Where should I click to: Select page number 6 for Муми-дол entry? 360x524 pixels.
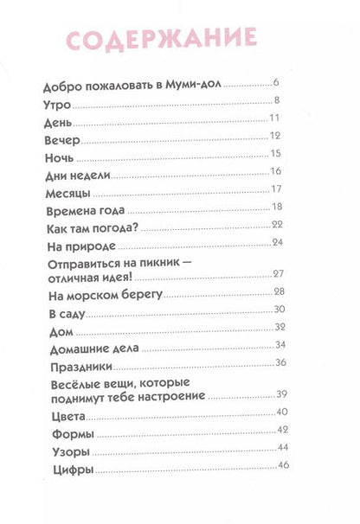coord(275,83)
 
